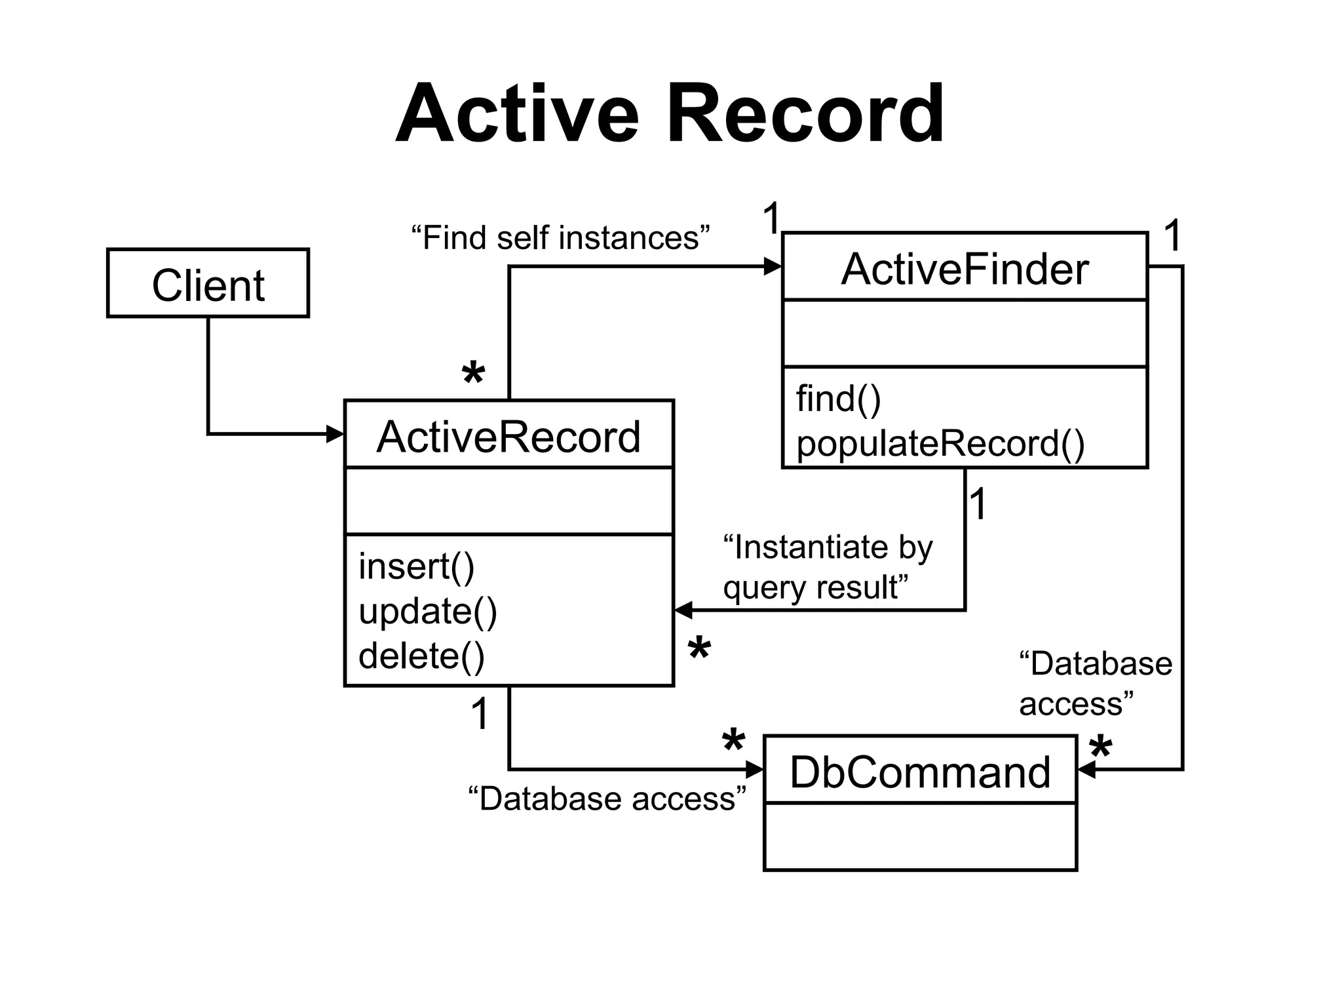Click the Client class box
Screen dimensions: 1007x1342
coord(208,284)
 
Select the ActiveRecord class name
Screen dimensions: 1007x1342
coord(508,437)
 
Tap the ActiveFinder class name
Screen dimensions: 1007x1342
coord(965,269)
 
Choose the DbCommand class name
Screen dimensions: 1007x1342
coord(920,772)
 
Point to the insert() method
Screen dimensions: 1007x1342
coord(416,566)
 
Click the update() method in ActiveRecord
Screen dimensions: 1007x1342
coord(428,611)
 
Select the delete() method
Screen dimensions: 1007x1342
coord(421,656)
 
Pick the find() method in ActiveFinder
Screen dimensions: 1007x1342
coord(838,399)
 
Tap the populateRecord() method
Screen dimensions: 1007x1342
coord(940,444)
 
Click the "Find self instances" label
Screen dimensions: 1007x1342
coord(560,237)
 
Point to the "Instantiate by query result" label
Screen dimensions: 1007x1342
coord(827,567)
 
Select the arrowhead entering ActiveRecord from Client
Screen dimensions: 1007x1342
coord(336,434)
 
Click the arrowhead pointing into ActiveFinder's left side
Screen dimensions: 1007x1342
coord(774,267)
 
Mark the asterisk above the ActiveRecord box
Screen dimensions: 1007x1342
coord(473,375)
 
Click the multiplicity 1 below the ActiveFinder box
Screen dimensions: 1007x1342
coord(978,504)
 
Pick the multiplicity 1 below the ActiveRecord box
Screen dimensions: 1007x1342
coord(480,714)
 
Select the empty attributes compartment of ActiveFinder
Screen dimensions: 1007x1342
coord(965,334)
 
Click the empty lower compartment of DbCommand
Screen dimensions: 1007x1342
coord(920,837)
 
